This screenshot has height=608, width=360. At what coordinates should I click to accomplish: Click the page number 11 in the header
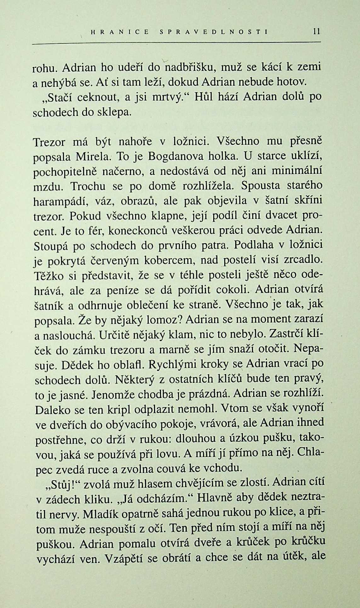317,31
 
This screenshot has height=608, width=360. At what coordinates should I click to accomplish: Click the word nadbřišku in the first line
190,67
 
